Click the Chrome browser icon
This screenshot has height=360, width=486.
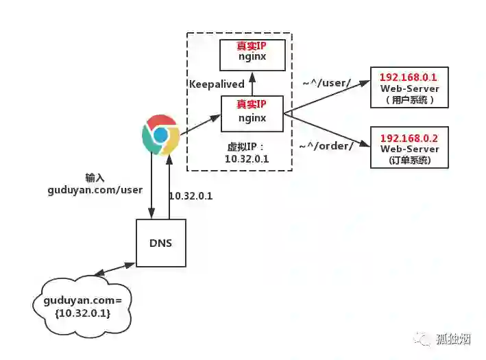[x=160, y=135]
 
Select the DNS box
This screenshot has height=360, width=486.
[x=161, y=243]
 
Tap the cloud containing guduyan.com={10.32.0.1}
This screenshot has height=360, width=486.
[x=77, y=306]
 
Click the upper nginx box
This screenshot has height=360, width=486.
[x=252, y=55]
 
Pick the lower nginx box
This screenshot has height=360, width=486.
[x=252, y=113]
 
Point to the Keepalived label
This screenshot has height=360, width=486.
[x=217, y=84]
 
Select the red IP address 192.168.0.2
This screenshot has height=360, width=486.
[x=409, y=138]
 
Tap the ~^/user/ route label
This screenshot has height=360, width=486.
[x=327, y=83]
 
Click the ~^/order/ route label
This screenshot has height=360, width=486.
[x=326, y=145]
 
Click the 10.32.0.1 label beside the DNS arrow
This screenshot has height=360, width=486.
[x=191, y=195]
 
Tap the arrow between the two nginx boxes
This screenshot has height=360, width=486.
[x=252, y=83]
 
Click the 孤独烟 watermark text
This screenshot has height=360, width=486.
[x=453, y=339]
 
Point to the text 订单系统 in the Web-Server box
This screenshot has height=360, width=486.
[x=409, y=161]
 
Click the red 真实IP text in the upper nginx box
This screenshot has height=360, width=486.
[x=252, y=46]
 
